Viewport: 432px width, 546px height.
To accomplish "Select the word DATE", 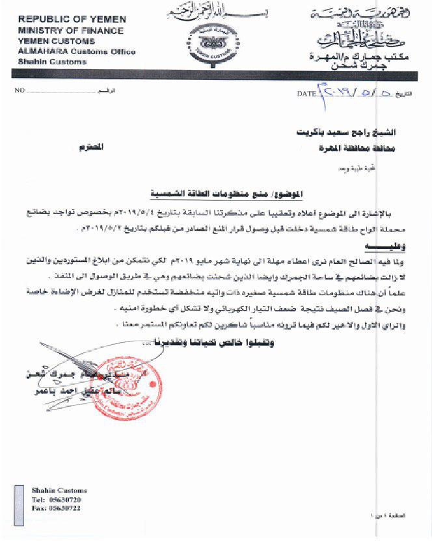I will [x=306, y=94].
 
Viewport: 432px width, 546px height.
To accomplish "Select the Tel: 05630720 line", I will [x=58, y=499].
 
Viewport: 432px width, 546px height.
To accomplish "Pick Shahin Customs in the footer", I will [x=59, y=491].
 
